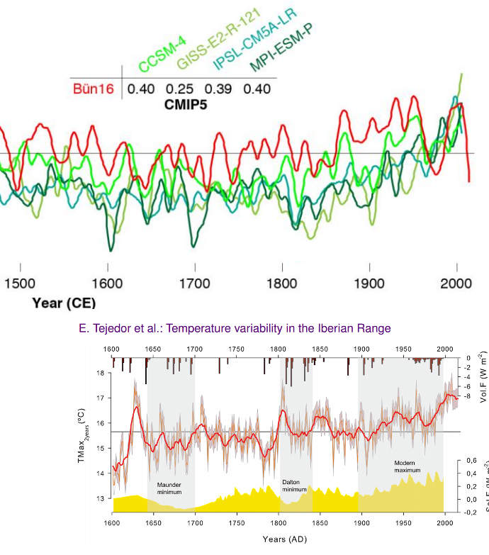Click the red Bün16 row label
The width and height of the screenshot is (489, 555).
(93, 89)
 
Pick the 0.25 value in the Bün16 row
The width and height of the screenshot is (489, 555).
(180, 89)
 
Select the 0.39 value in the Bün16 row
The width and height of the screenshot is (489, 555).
(218, 89)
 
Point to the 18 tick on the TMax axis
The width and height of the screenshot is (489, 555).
(105, 373)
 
